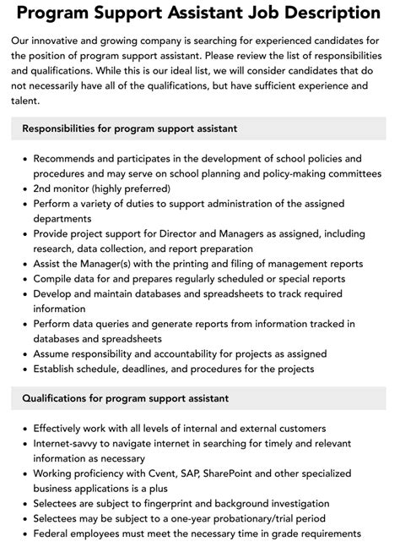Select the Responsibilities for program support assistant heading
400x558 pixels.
pos(130,129)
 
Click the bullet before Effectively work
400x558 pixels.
pos(25,428)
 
